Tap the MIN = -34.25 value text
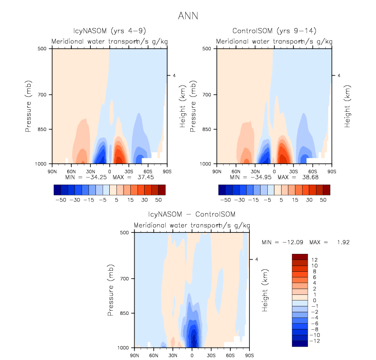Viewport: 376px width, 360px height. [x=83, y=176]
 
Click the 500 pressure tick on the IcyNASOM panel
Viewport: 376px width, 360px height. [x=43, y=49]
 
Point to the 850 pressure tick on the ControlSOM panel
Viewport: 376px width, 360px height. [x=208, y=130]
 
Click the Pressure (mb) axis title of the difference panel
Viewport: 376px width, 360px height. [x=111, y=290]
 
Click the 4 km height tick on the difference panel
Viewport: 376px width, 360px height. [x=256, y=259]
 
